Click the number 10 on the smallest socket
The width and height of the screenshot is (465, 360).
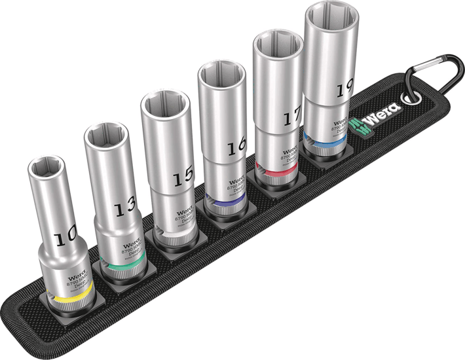(65, 240)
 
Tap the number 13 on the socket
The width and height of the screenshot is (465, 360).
(122, 209)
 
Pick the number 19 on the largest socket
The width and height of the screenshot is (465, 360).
(345, 90)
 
